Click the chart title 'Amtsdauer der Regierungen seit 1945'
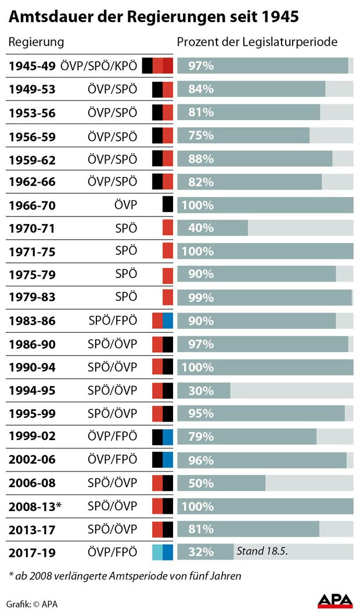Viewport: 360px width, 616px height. point(153,17)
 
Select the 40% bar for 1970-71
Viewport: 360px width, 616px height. point(213,228)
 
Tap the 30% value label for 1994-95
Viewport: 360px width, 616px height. point(201,391)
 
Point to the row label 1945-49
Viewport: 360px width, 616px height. point(32,66)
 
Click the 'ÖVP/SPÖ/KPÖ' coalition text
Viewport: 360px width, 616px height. point(99,66)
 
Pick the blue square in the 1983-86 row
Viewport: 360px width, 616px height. point(168,321)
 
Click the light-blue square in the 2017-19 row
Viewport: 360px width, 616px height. point(157,552)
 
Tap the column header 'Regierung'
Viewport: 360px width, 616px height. point(35,42)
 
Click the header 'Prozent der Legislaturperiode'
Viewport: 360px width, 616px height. point(257,42)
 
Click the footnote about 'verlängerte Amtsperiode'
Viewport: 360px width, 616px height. point(124,576)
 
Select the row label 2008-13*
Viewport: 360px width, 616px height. point(35,506)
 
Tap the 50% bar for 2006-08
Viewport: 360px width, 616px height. point(221,483)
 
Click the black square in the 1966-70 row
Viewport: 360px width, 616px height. point(168,204)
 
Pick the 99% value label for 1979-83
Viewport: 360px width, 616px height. point(201,298)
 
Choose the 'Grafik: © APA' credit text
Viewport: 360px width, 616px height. point(33,603)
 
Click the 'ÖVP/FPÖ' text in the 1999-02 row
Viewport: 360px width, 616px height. point(112,436)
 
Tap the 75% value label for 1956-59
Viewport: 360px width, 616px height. point(201,135)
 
